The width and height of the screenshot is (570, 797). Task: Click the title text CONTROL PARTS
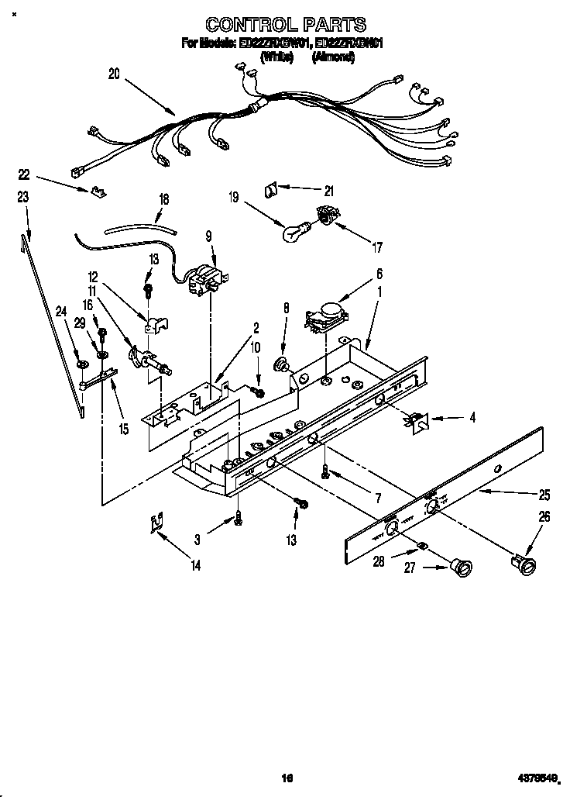pyautogui.click(x=285, y=26)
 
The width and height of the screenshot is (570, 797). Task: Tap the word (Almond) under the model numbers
pyautogui.click(x=333, y=57)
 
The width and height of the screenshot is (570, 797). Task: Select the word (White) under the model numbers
pyautogui.click(x=276, y=57)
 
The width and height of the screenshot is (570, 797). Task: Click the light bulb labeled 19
pyautogui.click(x=294, y=231)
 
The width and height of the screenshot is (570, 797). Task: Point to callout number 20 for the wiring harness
pyautogui.click(x=114, y=74)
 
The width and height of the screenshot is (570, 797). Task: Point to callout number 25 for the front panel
pyautogui.click(x=544, y=494)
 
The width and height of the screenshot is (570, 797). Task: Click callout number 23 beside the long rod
pyautogui.click(x=23, y=198)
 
